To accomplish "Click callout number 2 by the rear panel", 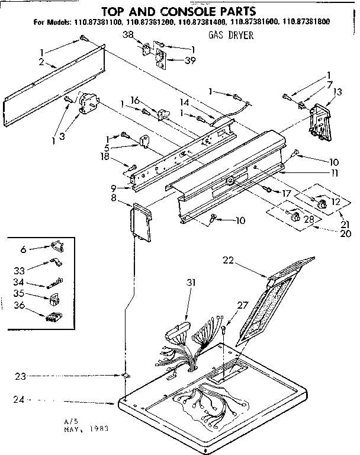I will click(41, 62).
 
